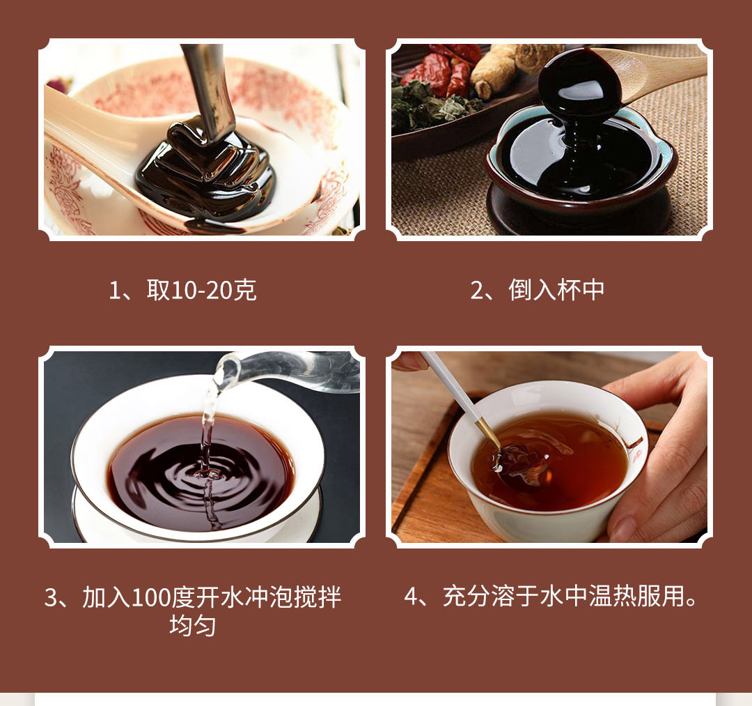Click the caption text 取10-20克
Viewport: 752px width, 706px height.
point(201,290)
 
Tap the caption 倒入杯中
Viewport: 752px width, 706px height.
point(556,290)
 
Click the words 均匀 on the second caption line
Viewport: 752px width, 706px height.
point(192,625)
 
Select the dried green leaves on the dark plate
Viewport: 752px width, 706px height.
point(432,106)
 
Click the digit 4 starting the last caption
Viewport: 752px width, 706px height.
point(412,597)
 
